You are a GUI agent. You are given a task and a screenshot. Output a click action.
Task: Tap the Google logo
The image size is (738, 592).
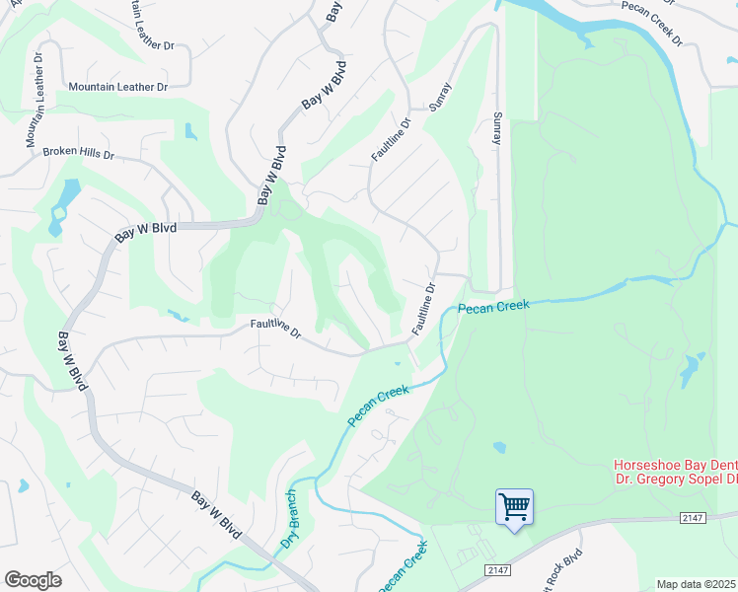[x=33, y=580]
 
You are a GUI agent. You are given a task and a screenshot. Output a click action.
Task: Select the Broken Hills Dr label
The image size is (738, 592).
[x=79, y=154]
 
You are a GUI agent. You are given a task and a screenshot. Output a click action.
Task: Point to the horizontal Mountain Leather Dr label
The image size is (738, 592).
[x=118, y=87]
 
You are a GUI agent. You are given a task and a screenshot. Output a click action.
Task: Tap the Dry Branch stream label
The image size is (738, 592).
[x=289, y=519]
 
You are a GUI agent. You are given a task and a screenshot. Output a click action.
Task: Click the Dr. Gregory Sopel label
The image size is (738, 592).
[x=675, y=480]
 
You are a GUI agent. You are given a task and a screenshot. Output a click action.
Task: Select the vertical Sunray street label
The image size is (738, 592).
[x=497, y=128]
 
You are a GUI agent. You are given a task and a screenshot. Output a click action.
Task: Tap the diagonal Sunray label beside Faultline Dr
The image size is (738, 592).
[x=440, y=96]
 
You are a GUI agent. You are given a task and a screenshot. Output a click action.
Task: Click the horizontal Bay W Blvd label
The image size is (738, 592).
[x=145, y=231]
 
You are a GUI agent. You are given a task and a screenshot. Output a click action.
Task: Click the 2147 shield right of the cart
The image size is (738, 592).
[x=695, y=518]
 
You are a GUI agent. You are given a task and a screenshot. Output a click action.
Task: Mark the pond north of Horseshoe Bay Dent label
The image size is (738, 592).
[x=691, y=371]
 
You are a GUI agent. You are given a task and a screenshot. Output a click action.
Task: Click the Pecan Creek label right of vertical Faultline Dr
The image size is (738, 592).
[x=493, y=306]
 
